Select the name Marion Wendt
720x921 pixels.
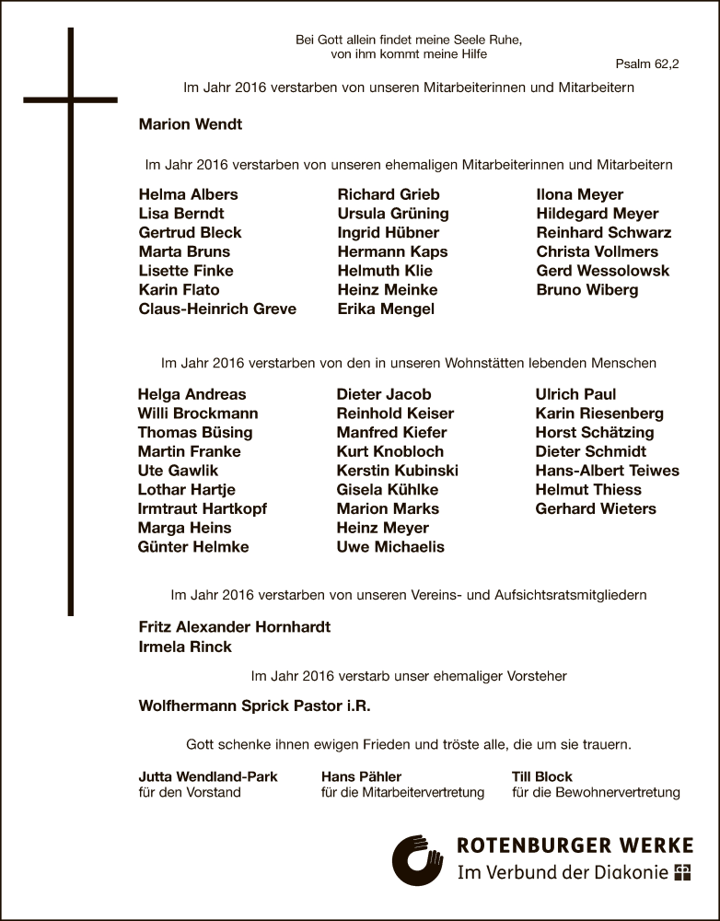point(190,124)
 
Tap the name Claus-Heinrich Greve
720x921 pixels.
point(217,309)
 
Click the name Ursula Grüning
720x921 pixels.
point(393,214)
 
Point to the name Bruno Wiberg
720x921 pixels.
point(586,290)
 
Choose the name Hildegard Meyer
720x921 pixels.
point(598,214)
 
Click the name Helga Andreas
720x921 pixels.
point(192,394)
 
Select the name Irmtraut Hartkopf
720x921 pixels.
point(203,509)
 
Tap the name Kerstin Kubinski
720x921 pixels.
point(397,471)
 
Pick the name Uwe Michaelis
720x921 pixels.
point(390,547)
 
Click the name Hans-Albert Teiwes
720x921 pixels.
point(607,471)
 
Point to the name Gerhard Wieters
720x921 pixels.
point(596,509)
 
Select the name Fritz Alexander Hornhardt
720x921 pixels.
point(234,627)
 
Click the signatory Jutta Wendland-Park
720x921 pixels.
point(207,776)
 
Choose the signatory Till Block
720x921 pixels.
point(541,776)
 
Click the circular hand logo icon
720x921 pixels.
point(417,860)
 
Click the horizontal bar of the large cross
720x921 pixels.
point(70,99)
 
